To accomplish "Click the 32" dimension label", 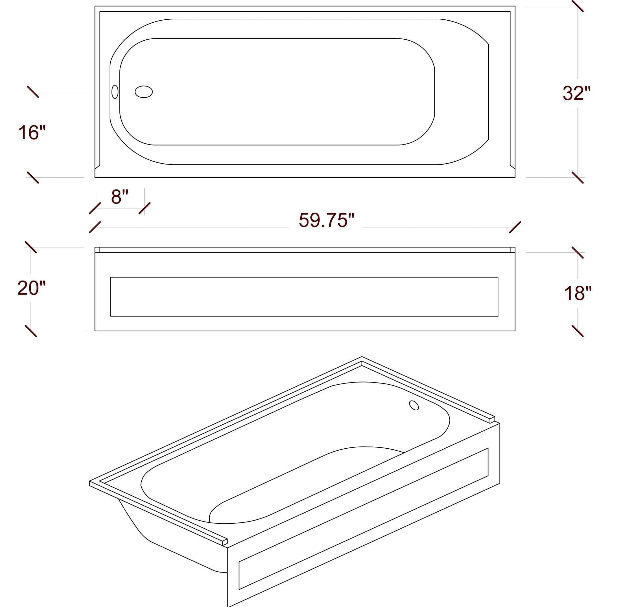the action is coord(577,93).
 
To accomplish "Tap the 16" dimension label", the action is coord(32,133).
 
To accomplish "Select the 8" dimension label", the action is coord(119,197).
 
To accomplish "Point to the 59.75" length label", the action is coord(327,220).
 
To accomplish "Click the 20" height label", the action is coord(31,288).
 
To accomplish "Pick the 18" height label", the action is coord(578,293).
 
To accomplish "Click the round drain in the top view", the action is coord(144,92).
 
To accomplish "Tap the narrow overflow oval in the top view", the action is coord(115,92).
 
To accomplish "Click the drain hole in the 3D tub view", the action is coord(414,405).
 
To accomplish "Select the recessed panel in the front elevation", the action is coord(304,297).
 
